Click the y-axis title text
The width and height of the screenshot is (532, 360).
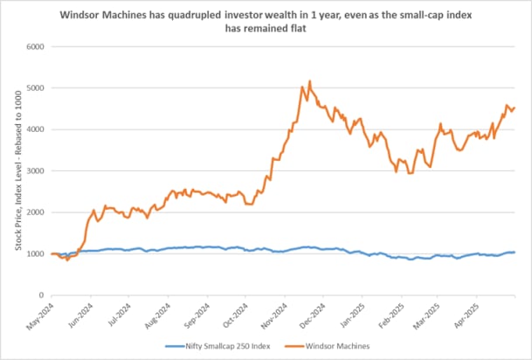pos(17,170)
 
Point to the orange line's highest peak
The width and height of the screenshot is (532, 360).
pos(310,81)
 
